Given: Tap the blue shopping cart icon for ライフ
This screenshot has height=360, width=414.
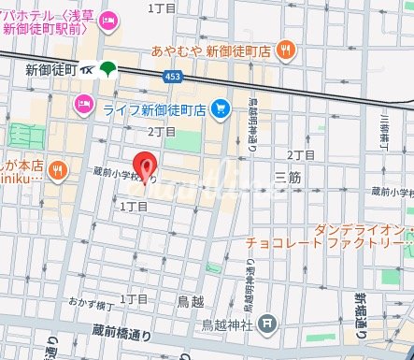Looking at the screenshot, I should tap(221, 109).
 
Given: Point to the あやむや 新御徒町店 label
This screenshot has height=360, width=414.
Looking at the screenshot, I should tap(210, 50).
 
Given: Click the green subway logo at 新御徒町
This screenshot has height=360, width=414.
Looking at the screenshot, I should tap(108, 68).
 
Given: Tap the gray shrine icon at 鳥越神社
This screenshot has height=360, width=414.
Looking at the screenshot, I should tap(268, 324).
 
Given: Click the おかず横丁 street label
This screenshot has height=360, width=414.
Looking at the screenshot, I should tap(91, 304).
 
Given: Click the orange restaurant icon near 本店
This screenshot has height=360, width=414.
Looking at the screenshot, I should tap(58, 169).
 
